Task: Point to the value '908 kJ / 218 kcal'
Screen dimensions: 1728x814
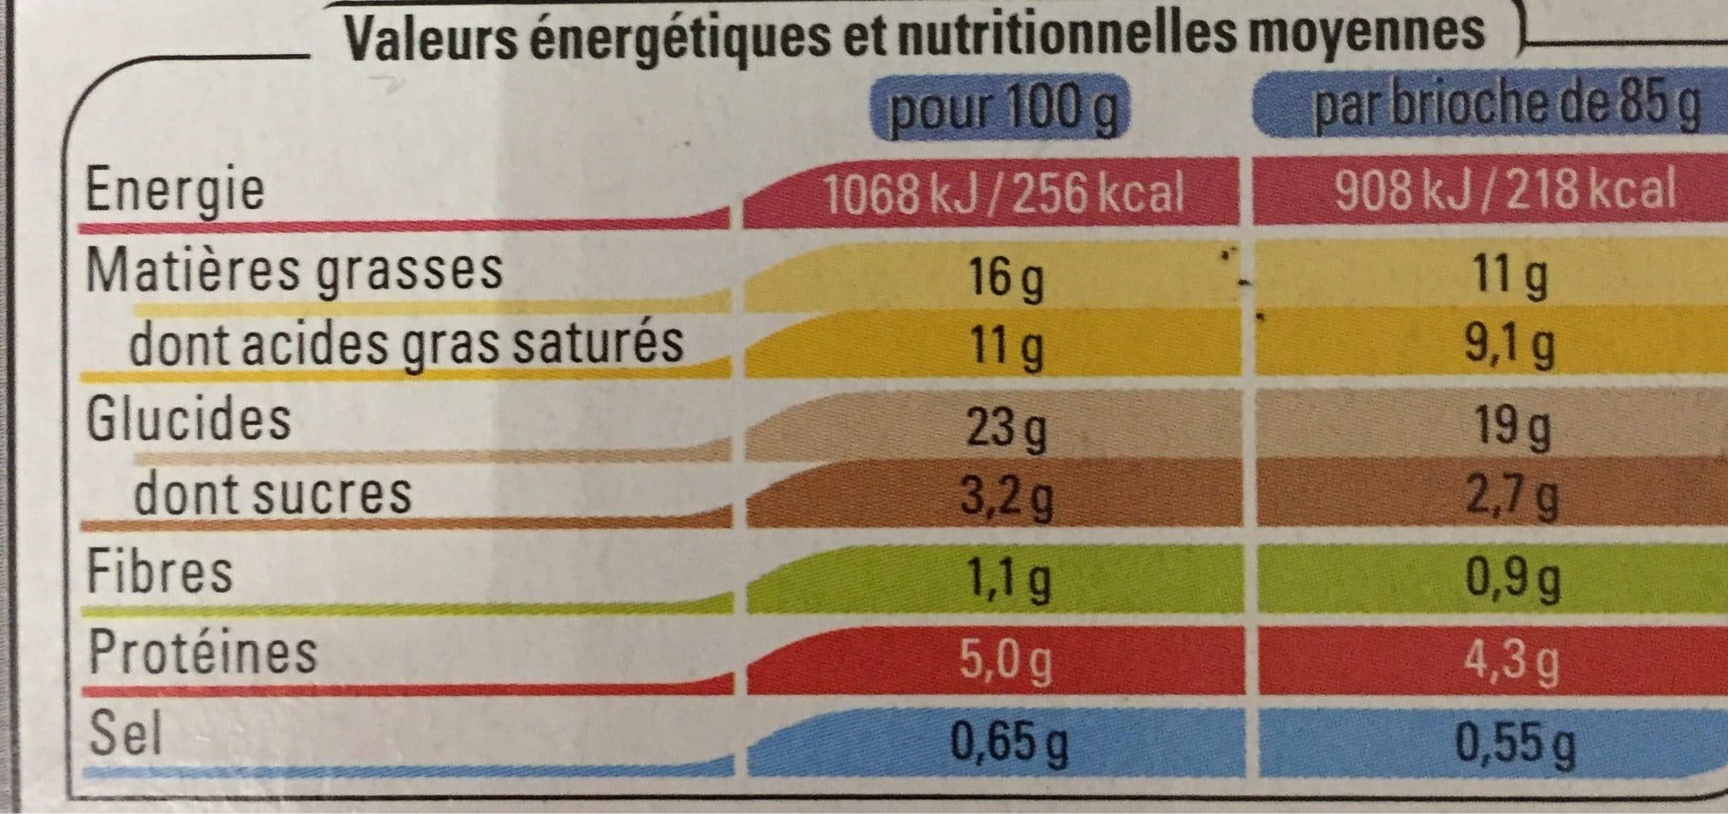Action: (x=1506, y=190)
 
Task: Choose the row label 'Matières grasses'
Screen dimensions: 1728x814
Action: (x=295, y=270)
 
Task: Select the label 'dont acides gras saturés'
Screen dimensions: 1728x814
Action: (x=405, y=344)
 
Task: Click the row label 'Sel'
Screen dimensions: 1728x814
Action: (x=125, y=732)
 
